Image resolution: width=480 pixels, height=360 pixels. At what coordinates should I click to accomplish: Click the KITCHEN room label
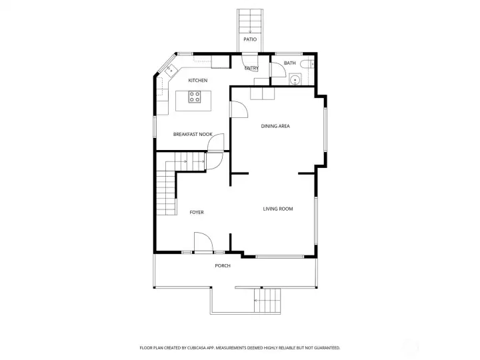click(197, 81)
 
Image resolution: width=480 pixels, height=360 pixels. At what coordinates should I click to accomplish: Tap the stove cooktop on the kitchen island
click(195, 97)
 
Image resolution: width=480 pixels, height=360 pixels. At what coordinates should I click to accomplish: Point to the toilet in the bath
click(305, 64)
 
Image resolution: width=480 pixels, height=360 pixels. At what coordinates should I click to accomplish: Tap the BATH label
click(289, 63)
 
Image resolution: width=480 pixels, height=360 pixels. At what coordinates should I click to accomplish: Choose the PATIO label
click(250, 39)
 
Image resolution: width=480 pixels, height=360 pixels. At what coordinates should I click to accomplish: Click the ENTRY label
click(251, 68)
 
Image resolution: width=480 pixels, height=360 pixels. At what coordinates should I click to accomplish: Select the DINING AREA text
click(275, 126)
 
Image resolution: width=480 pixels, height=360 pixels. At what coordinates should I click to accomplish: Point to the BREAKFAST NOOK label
click(193, 134)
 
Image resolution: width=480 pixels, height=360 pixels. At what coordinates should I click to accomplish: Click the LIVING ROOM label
click(278, 209)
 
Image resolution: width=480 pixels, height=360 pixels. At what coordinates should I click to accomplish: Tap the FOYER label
click(196, 212)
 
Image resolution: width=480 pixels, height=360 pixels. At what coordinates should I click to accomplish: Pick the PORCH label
click(223, 266)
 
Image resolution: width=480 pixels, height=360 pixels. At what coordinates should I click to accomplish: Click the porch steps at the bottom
click(267, 301)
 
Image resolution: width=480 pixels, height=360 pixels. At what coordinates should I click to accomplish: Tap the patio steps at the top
click(250, 21)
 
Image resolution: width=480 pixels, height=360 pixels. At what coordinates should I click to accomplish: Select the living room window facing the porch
click(280, 255)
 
